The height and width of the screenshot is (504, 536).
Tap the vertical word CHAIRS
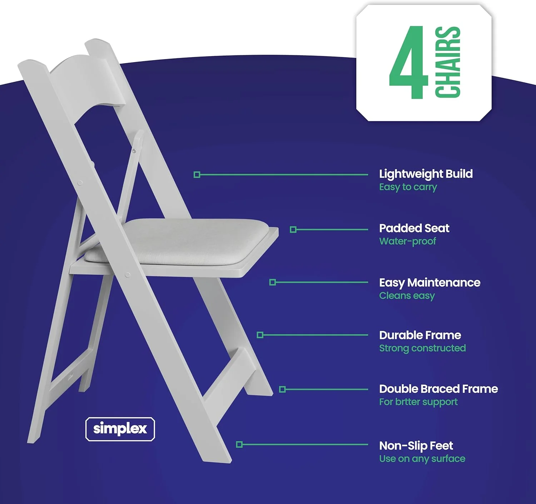(447, 62)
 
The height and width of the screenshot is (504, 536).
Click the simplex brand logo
(120, 429)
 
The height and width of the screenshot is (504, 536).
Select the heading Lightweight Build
(426, 174)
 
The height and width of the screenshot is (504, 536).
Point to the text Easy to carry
(408, 187)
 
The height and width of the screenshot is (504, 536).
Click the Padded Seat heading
(414, 228)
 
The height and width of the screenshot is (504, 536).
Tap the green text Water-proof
(407, 241)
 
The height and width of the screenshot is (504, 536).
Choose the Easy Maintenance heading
(430, 283)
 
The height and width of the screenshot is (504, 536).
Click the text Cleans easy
(407, 296)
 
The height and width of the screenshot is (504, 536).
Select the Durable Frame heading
(420, 335)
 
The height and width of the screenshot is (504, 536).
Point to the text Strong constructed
(422, 348)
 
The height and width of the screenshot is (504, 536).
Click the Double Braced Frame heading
(438, 389)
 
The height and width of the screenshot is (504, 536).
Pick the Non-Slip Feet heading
(416, 445)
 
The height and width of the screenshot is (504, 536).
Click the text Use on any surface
(422, 459)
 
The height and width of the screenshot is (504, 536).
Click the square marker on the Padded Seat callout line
(293, 229)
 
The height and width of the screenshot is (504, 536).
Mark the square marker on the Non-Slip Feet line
(239, 444)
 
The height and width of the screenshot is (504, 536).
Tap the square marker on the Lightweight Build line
(197, 175)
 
